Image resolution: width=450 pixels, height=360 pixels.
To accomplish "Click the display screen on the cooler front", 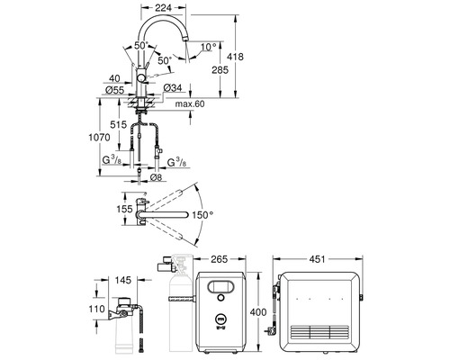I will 222,287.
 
